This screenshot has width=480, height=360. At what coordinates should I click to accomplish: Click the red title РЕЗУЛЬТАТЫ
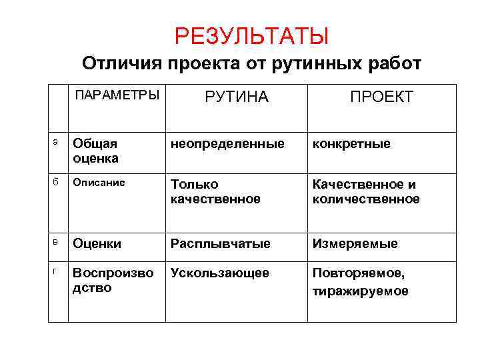(x=251, y=36)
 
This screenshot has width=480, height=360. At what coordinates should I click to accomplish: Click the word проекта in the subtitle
(x=206, y=64)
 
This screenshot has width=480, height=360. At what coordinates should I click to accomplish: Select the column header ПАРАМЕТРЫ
(x=117, y=94)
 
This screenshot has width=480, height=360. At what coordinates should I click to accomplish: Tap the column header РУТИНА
(x=236, y=97)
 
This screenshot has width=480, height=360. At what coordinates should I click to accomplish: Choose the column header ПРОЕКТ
(x=381, y=97)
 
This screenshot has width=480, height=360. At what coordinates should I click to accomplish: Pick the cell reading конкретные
(x=351, y=143)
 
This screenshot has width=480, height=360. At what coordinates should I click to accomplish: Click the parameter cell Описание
(x=99, y=182)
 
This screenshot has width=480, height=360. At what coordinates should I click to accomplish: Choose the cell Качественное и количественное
(x=365, y=191)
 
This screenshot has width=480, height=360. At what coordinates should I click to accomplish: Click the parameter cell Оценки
(x=97, y=244)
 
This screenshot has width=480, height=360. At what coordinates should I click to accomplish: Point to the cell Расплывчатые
(x=220, y=244)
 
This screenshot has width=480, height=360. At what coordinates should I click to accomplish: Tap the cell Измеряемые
(x=355, y=244)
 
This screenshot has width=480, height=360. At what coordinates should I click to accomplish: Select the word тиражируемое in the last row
(x=360, y=291)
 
